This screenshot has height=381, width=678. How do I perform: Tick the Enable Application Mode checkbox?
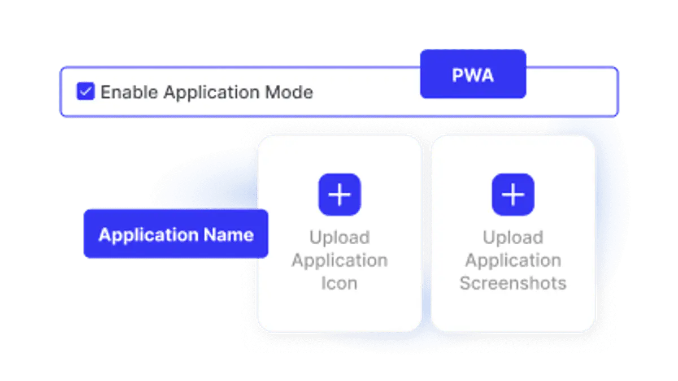(86, 91)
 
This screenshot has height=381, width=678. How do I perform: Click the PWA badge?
(473, 74)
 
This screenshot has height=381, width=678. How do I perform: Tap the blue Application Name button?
(176, 233)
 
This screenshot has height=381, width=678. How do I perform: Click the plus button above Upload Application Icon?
(340, 194)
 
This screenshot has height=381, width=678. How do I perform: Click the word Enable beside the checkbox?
(129, 92)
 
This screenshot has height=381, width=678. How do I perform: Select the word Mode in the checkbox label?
(289, 92)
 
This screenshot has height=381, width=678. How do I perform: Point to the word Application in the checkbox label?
(211, 93)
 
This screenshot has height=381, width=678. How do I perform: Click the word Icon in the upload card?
(340, 283)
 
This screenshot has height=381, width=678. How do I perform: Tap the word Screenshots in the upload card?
(513, 283)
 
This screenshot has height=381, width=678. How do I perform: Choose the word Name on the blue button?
(228, 235)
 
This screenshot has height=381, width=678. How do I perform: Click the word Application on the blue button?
(149, 235)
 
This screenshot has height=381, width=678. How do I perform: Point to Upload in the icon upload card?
(340, 238)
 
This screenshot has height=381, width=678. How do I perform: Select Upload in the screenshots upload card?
(513, 238)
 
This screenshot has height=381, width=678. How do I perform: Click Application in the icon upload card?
(340, 261)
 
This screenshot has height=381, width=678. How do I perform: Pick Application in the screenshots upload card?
(513, 261)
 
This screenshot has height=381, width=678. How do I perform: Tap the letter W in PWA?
(472, 75)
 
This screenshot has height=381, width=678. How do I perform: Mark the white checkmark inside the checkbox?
(86, 91)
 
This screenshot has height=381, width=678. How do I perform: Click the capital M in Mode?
(272, 92)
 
